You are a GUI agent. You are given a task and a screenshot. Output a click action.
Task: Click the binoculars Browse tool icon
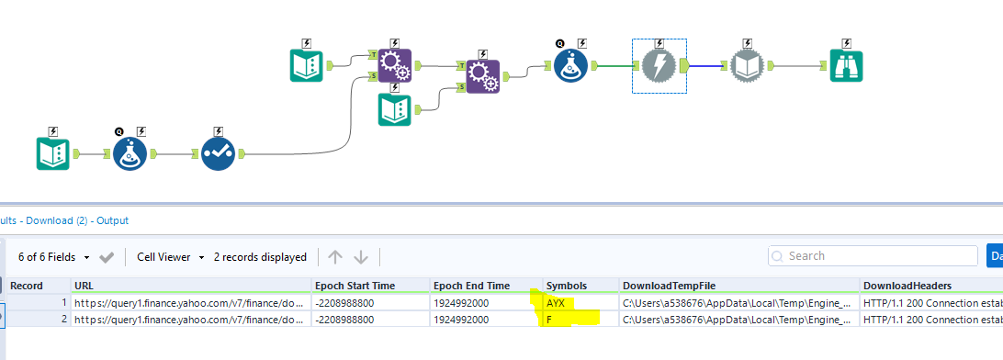coord(846,65)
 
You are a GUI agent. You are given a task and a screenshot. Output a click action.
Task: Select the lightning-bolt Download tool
coord(659,65)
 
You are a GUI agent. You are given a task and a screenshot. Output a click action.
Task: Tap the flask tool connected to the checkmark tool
coord(130,154)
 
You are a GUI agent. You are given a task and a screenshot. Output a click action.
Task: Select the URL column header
coord(84,286)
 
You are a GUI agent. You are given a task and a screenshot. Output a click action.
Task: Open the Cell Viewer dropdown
coord(170,257)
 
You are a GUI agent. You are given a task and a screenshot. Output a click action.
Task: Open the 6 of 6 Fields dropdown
coord(53,257)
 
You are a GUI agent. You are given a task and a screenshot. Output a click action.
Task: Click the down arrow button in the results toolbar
coord(361,257)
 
